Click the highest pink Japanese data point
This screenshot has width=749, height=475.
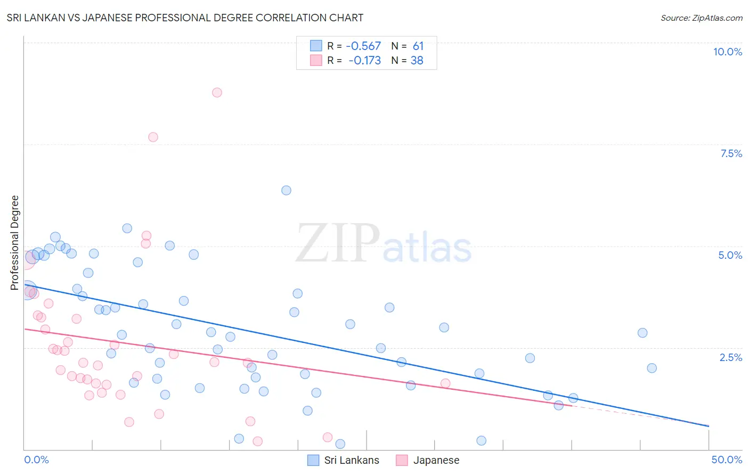217,93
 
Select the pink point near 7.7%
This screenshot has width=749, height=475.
153,137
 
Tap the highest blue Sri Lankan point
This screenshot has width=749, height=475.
286,191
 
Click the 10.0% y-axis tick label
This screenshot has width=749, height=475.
727,52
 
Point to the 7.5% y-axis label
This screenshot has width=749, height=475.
731,153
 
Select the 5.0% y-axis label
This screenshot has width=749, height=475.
730,255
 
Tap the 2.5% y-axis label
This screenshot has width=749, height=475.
730,357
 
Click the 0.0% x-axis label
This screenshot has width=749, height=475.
36,460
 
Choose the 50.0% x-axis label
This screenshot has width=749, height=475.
727,460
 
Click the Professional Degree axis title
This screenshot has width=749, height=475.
14,243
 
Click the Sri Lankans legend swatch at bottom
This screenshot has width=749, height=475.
314,460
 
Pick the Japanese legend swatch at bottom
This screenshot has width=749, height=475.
402,460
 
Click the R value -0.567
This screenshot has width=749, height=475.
363,46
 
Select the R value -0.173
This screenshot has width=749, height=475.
364,61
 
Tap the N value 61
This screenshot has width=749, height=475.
418,46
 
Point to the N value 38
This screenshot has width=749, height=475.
417,61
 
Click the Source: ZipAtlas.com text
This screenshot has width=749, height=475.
701,18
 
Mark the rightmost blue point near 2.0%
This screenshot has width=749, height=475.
652,368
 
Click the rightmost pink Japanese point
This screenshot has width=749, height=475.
445,383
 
